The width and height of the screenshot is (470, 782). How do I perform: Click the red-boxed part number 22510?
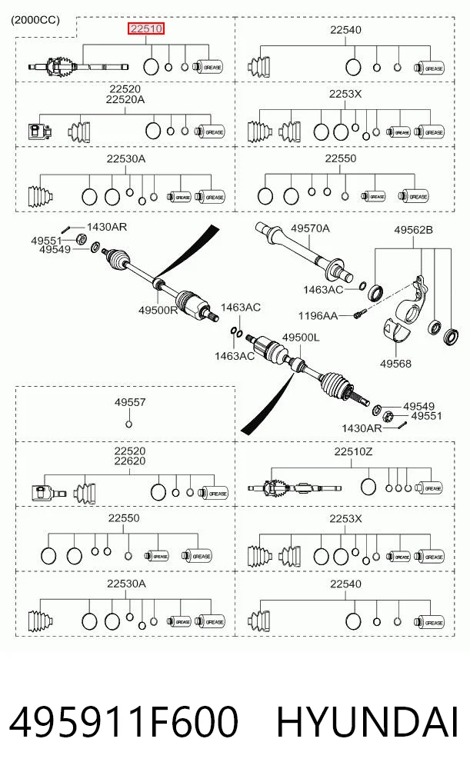click(x=146, y=29)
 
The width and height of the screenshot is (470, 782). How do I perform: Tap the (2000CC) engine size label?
click(x=35, y=20)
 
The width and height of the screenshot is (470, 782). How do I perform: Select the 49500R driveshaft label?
click(x=158, y=310)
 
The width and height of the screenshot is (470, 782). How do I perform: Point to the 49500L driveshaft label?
click(x=301, y=338)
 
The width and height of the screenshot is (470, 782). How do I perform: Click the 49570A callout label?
click(x=310, y=228)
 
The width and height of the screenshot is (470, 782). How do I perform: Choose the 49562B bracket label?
click(x=413, y=230)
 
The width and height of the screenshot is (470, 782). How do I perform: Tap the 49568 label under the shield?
click(x=395, y=364)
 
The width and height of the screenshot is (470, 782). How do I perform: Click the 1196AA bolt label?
click(x=318, y=316)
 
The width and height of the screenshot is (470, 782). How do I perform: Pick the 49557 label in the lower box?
click(x=130, y=402)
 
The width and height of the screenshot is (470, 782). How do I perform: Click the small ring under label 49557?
click(x=128, y=424)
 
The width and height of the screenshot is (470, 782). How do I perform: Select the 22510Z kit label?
click(x=353, y=452)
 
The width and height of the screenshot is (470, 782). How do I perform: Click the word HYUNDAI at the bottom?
click(x=368, y=721)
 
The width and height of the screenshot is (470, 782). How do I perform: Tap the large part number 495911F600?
click(x=124, y=721)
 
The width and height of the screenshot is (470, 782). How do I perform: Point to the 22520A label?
click(x=125, y=100)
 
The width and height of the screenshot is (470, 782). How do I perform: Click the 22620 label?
click(x=130, y=461)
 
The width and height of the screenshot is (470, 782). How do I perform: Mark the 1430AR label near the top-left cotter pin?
click(x=107, y=227)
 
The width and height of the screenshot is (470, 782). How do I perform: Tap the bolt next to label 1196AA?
click(x=359, y=314)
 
